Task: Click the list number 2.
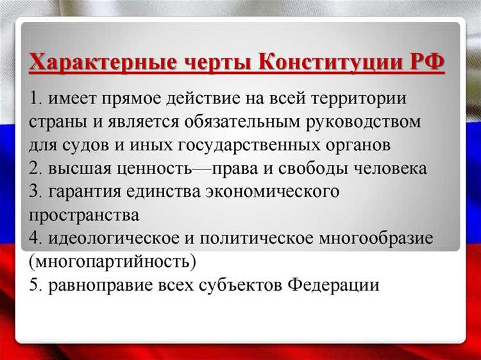click(34, 169)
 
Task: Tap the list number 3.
click(34, 192)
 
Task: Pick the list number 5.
click(34, 285)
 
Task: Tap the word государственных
click(257, 146)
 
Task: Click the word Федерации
click(333, 285)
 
